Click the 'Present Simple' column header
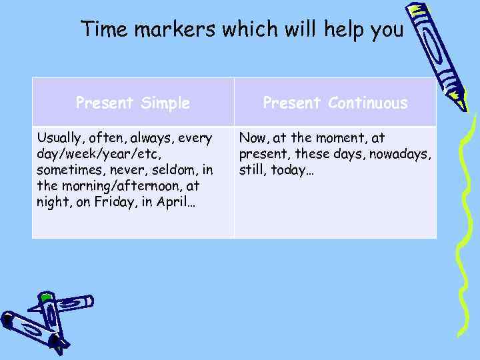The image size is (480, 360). pos(133,103)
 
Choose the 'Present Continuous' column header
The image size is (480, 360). pos(335,103)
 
